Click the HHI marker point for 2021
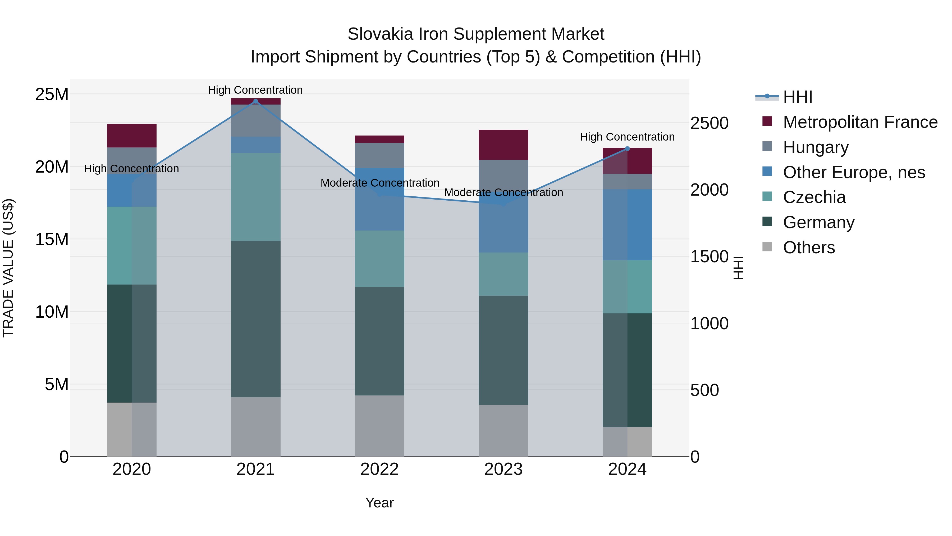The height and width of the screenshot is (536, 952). coord(255,101)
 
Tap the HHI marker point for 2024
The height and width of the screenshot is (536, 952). coord(627,149)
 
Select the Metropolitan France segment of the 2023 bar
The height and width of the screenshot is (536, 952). coord(503,145)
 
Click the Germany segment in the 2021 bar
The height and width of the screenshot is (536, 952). coord(255,319)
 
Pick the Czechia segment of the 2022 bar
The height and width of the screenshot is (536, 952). coord(379,259)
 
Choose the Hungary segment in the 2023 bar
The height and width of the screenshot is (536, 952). coord(503,178)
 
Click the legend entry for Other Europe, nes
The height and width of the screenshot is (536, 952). coord(854,172)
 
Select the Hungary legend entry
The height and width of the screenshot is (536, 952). coord(816,147)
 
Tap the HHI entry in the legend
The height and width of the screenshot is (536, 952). coord(798,97)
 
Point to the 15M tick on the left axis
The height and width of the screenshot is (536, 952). coord(52,239)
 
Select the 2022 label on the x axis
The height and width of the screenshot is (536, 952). coord(379,469)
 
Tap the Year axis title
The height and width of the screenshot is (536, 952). coord(379,503)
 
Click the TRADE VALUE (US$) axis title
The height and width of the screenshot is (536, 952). coord(8,268)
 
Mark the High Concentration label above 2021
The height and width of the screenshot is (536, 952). coord(255,90)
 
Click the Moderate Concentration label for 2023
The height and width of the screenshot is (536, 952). coord(503,192)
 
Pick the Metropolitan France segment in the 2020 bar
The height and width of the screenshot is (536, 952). coord(132,135)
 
